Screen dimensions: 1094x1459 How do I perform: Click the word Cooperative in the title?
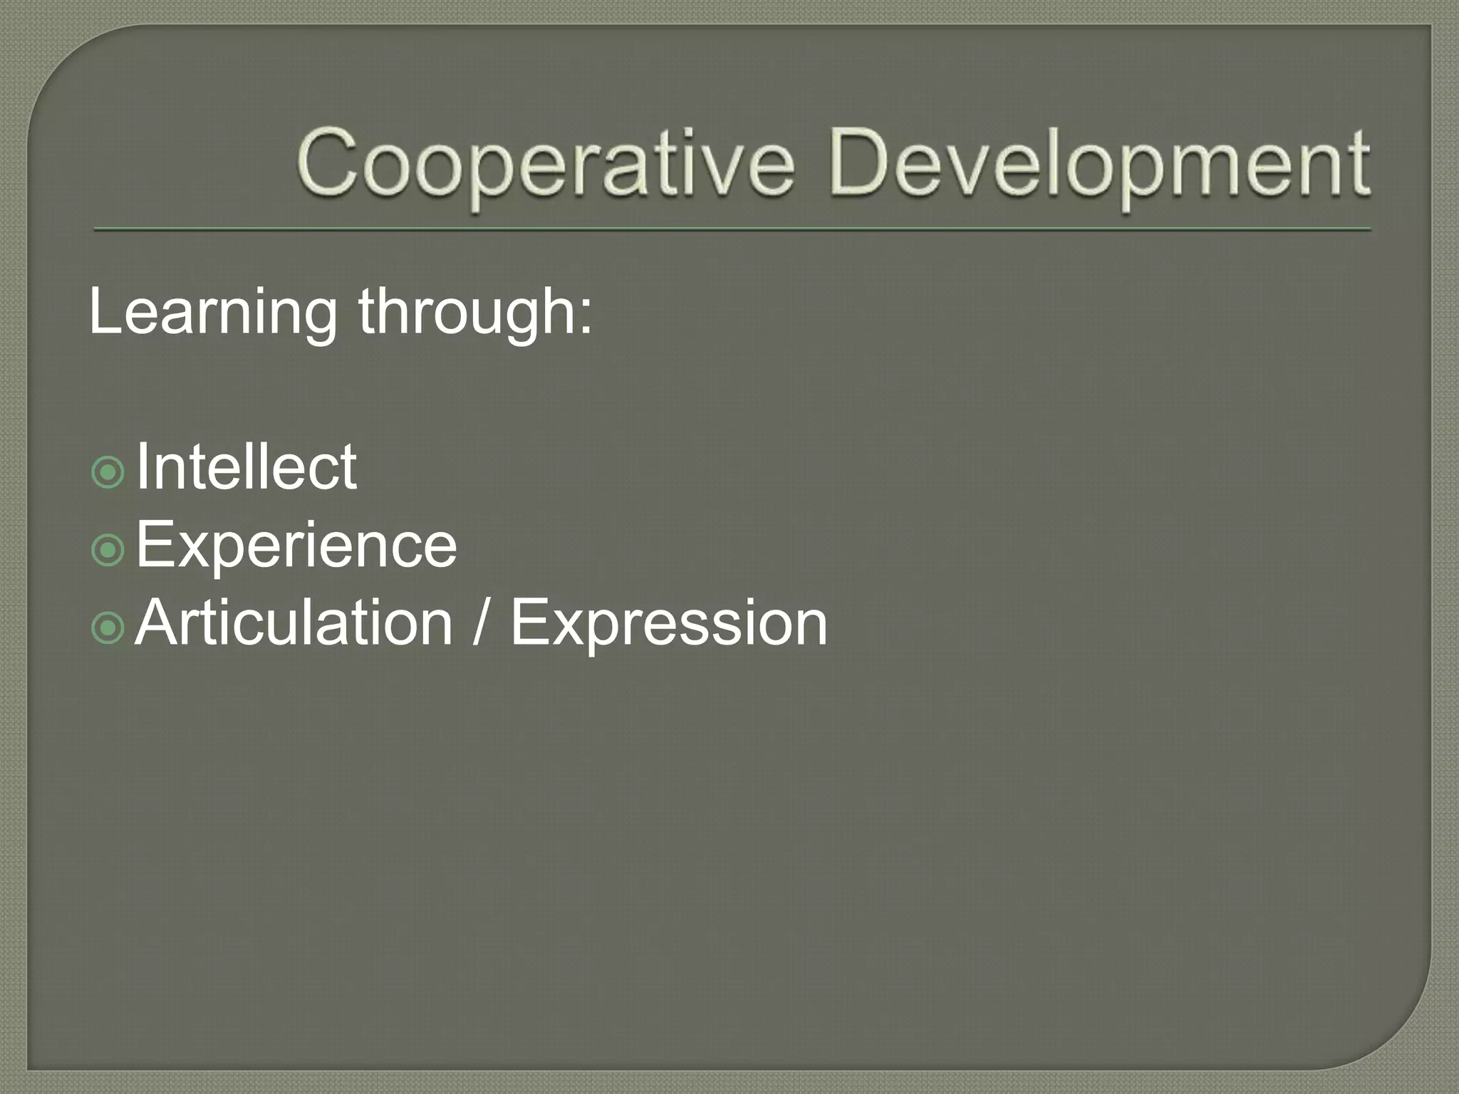click(x=545, y=163)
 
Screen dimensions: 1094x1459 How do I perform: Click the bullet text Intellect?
click(x=246, y=467)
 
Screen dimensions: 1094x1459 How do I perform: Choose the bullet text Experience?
click(x=296, y=546)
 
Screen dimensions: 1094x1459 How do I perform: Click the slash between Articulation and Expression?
click(x=482, y=624)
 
